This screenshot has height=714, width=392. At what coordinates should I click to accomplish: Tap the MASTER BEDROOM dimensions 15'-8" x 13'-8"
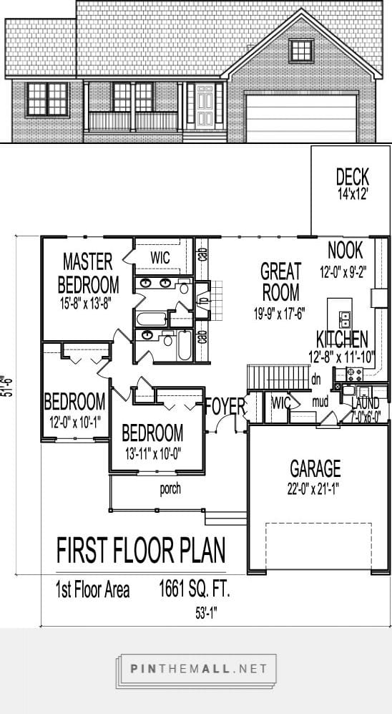point(89,302)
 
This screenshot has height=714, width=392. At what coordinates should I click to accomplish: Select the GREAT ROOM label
point(280,281)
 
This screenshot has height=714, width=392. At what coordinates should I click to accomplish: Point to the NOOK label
point(345,251)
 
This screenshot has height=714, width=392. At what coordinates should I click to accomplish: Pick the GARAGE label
point(315,469)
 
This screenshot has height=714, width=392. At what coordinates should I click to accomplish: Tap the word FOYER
point(225,406)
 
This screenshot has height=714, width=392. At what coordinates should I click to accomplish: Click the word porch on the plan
point(170,490)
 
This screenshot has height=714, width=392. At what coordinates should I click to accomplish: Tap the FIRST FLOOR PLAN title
point(141,551)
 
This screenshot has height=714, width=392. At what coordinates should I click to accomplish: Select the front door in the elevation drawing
point(205,104)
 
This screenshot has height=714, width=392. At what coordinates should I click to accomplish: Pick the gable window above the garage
point(300,50)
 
